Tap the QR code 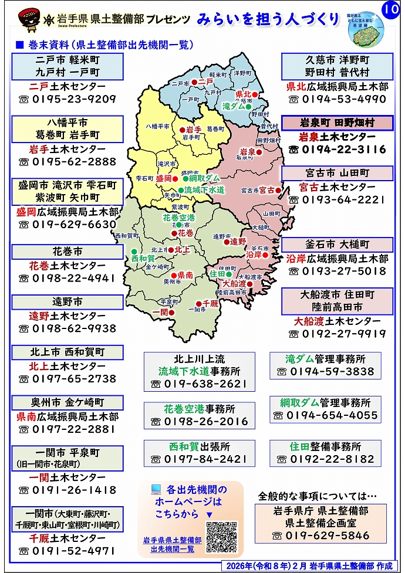click(221, 537)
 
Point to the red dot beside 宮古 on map click(279, 190)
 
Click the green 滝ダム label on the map click(234, 106)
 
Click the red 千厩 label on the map click(210, 303)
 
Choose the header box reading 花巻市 click(67, 252)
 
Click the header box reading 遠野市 click(67, 302)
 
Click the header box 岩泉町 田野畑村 click(337, 123)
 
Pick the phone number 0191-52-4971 click(67, 551)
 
